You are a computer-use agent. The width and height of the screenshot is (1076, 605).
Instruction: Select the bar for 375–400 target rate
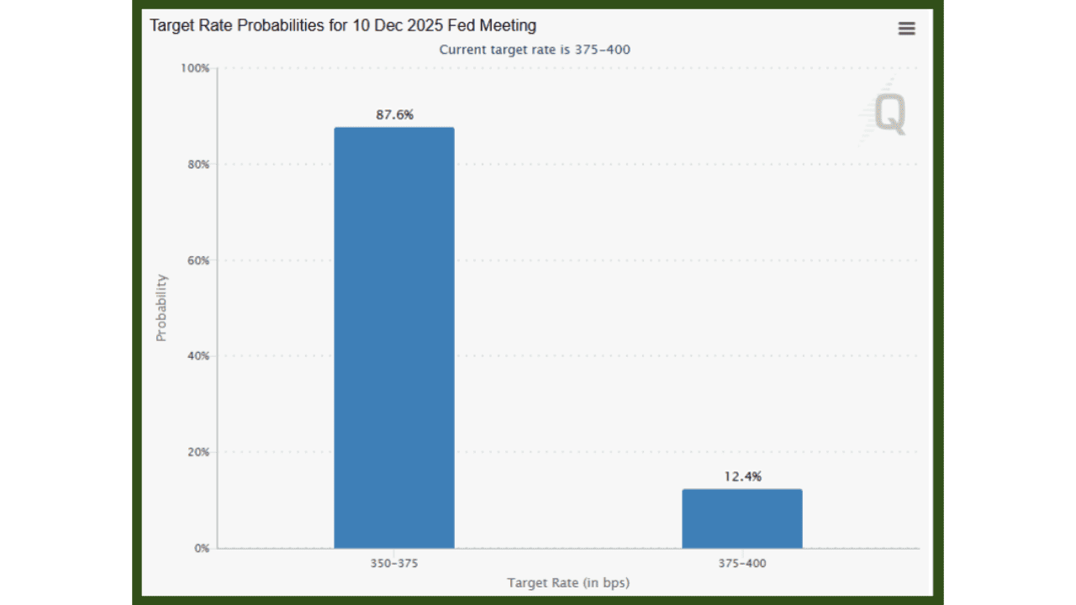click(741, 518)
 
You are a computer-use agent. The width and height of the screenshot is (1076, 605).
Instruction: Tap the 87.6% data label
click(394, 115)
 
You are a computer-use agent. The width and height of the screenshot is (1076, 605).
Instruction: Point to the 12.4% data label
click(742, 476)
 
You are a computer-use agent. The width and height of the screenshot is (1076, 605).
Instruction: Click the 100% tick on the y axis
click(195, 68)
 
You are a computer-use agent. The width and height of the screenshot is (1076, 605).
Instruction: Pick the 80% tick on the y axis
click(198, 165)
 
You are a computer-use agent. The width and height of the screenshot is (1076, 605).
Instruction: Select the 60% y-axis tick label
click(198, 260)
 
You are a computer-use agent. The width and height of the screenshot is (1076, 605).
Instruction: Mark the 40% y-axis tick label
click(198, 356)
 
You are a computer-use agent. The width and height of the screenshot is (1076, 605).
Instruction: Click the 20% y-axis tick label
click(198, 452)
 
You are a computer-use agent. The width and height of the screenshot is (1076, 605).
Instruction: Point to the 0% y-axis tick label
click(201, 548)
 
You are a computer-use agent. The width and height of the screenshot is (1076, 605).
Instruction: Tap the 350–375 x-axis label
click(393, 564)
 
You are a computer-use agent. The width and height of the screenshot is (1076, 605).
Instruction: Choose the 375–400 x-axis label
click(741, 564)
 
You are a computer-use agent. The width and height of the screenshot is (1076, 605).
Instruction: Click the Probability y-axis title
click(161, 308)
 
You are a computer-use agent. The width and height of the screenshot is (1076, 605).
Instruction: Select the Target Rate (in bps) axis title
click(568, 582)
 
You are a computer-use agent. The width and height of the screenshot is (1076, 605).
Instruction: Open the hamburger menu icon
click(906, 29)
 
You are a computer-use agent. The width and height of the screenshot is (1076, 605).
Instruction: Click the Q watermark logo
click(889, 113)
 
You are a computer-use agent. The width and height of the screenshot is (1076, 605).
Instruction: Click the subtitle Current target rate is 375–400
click(535, 50)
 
